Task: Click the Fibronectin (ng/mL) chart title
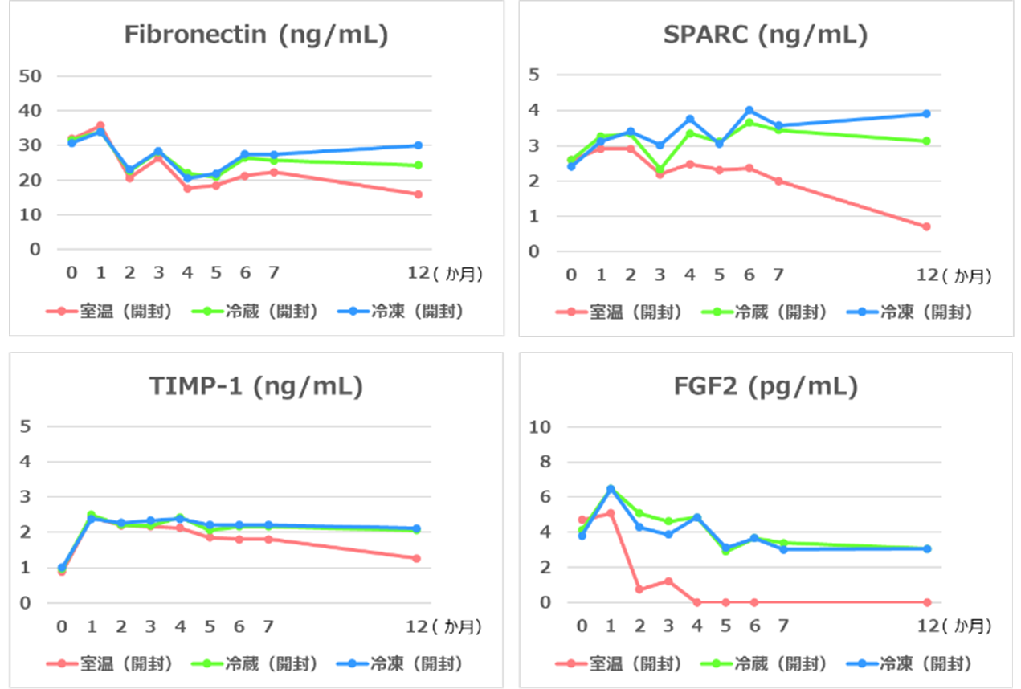pos(256,36)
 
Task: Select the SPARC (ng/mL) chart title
pos(765,36)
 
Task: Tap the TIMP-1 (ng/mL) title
pos(256,387)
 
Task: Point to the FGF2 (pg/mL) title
pos(765,387)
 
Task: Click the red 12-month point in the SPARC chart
pos(926,226)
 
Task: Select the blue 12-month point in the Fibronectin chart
pos(419,145)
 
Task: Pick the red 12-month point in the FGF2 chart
pos(926,602)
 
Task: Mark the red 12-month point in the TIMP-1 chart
pos(417,558)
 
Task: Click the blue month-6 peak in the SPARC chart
pos(749,110)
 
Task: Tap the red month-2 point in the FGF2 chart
pos(639,589)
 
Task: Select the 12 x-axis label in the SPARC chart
pos(927,275)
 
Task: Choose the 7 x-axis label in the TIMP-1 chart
pos(269,626)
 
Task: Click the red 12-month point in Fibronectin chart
pos(419,194)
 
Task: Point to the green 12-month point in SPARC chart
pos(926,141)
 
